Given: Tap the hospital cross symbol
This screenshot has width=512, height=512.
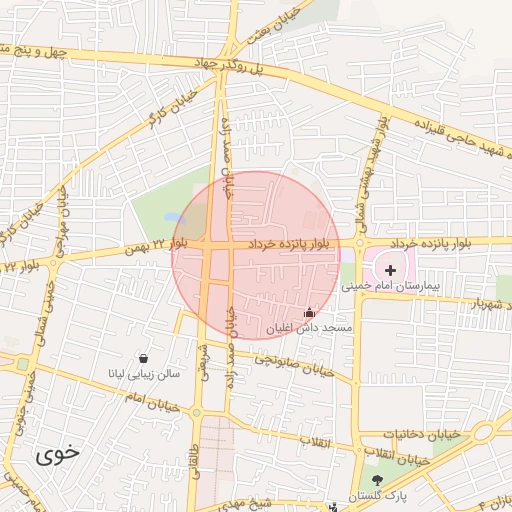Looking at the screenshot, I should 390,270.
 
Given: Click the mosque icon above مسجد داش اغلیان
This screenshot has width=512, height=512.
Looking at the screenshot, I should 308,313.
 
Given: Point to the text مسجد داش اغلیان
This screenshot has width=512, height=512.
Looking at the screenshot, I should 309,328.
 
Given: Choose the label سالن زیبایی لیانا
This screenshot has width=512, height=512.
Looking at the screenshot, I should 144,374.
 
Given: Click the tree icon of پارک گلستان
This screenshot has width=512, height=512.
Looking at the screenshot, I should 377,482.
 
